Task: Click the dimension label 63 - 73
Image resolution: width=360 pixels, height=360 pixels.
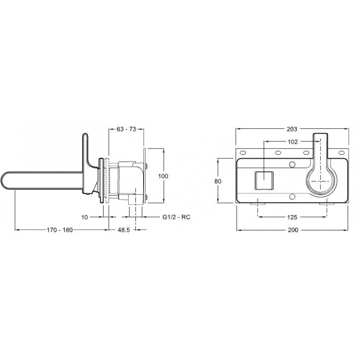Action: (x=126, y=129)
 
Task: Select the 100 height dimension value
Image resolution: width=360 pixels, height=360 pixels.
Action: (x=163, y=176)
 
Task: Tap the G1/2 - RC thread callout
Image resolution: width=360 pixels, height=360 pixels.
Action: (x=176, y=217)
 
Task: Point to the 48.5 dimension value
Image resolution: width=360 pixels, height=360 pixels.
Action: (x=124, y=229)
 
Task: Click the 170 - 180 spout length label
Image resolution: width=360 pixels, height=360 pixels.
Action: (x=60, y=229)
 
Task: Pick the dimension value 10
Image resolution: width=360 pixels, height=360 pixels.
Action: (x=85, y=217)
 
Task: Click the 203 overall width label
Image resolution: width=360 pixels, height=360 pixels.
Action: (x=292, y=129)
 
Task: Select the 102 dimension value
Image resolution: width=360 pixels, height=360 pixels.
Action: (x=293, y=142)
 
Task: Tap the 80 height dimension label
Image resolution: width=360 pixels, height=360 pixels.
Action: (x=218, y=181)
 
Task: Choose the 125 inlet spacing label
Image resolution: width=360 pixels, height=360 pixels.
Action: (x=292, y=217)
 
